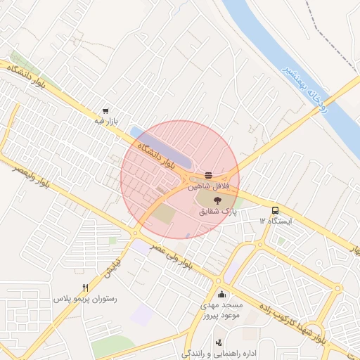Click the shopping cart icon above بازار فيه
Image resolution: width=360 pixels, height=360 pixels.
click(x=105, y=110)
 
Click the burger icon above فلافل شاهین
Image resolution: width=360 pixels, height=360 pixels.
click(x=208, y=175)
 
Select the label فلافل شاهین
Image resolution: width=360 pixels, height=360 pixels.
click(x=208, y=187)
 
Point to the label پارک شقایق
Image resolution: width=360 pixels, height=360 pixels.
click(x=219, y=210)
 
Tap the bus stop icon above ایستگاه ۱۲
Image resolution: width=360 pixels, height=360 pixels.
click(x=274, y=210)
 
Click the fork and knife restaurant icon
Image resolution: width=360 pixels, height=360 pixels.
click(x=86, y=288)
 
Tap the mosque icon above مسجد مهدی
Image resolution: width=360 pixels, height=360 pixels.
click(x=222, y=295)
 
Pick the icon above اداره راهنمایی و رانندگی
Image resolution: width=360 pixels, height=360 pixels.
click(x=219, y=342)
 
